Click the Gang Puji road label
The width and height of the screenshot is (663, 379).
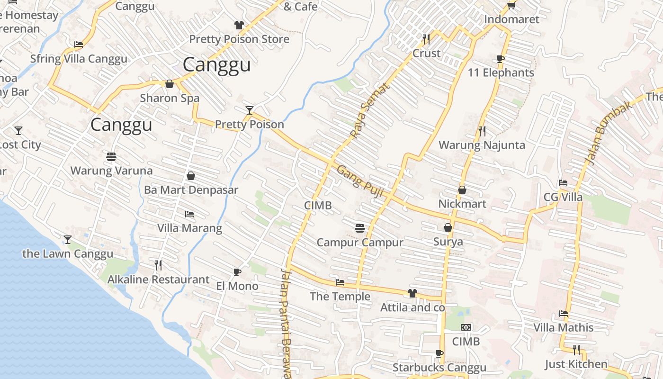click(359, 180)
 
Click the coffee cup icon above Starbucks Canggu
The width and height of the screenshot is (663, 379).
click(439, 353)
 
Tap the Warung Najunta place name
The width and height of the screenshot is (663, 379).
click(482, 145)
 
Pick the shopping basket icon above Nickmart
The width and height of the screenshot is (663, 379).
click(462, 190)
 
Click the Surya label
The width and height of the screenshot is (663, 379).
click(448, 242)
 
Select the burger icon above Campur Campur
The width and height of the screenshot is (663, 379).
click(360, 228)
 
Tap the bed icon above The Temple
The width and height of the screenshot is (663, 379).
click(340, 282)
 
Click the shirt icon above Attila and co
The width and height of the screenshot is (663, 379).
click(412, 293)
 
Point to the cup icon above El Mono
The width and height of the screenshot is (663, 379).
click(237, 272)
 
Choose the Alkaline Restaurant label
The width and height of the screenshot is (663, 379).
click(158, 280)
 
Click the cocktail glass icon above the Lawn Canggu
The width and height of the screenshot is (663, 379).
click(68, 240)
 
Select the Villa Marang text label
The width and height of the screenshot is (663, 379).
click(189, 228)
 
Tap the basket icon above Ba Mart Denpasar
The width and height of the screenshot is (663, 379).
click(191, 176)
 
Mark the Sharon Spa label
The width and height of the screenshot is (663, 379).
click(170, 98)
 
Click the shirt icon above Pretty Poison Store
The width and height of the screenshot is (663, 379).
click(239, 25)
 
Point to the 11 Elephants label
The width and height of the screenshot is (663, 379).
click(501, 72)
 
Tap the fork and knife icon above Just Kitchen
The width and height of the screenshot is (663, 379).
click(576, 350)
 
